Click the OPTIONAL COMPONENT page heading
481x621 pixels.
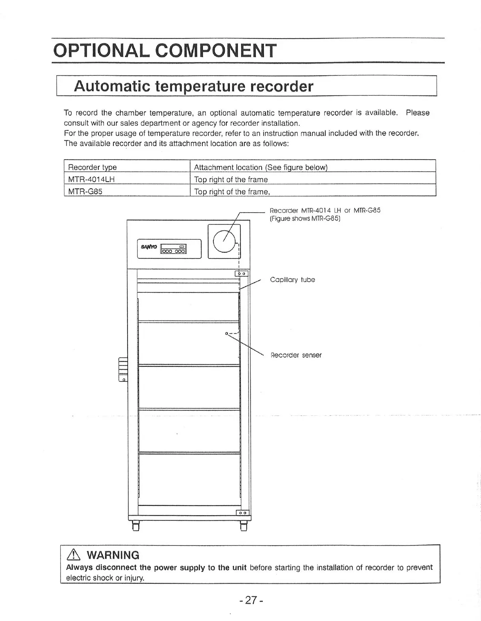165,51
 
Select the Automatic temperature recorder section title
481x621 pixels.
194,86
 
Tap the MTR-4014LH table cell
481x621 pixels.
91,180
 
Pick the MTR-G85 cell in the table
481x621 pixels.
85,192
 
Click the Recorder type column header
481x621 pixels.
92,167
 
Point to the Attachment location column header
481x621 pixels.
261,167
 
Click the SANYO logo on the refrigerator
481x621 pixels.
149,247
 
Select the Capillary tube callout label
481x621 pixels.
292,280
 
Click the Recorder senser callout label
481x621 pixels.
296,355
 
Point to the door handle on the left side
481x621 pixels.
123,369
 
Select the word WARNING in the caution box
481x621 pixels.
113,555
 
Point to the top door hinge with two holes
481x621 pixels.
241,274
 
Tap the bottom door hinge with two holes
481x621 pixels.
242,513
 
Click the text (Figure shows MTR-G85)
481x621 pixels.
305,219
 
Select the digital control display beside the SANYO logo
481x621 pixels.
173,249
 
